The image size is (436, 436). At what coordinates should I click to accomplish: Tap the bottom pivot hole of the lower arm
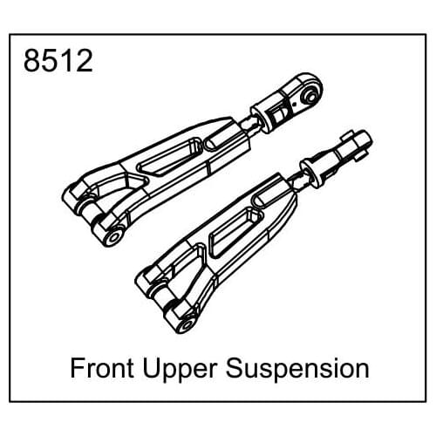pyautogui.click(x=184, y=324)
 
